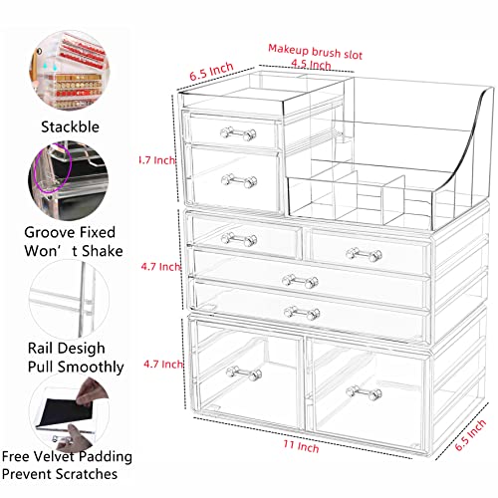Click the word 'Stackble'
69,126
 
